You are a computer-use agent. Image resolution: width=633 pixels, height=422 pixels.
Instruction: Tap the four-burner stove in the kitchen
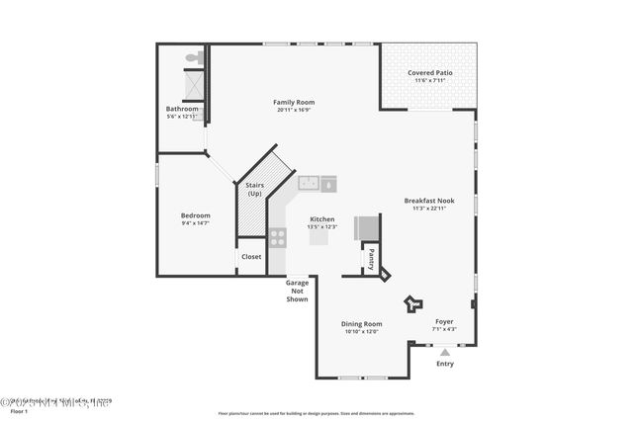(278, 237)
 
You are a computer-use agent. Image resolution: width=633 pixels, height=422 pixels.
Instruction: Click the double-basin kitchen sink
(309, 183)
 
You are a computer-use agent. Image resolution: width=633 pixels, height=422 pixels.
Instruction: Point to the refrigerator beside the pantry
(368, 228)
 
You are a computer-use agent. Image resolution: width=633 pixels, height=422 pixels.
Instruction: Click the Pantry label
(372, 258)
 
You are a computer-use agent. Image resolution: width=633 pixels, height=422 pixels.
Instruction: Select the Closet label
(251, 256)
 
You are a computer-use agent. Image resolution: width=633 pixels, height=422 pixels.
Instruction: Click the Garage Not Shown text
(297, 291)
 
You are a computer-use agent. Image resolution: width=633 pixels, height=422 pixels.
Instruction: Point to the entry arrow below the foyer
(444, 351)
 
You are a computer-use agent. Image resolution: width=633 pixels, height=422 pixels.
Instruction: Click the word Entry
(445, 364)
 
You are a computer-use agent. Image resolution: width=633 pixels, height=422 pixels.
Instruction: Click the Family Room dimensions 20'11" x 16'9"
(294, 110)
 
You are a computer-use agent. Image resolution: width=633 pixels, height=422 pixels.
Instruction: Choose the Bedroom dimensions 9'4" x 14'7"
(195, 223)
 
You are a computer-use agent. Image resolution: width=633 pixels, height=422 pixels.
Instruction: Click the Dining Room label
(361, 323)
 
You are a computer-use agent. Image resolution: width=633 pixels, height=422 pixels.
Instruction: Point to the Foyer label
(444, 321)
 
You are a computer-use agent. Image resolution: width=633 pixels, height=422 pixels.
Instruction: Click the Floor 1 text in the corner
(18, 411)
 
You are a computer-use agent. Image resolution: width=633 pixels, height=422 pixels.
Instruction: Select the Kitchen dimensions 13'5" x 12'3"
(322, 227)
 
